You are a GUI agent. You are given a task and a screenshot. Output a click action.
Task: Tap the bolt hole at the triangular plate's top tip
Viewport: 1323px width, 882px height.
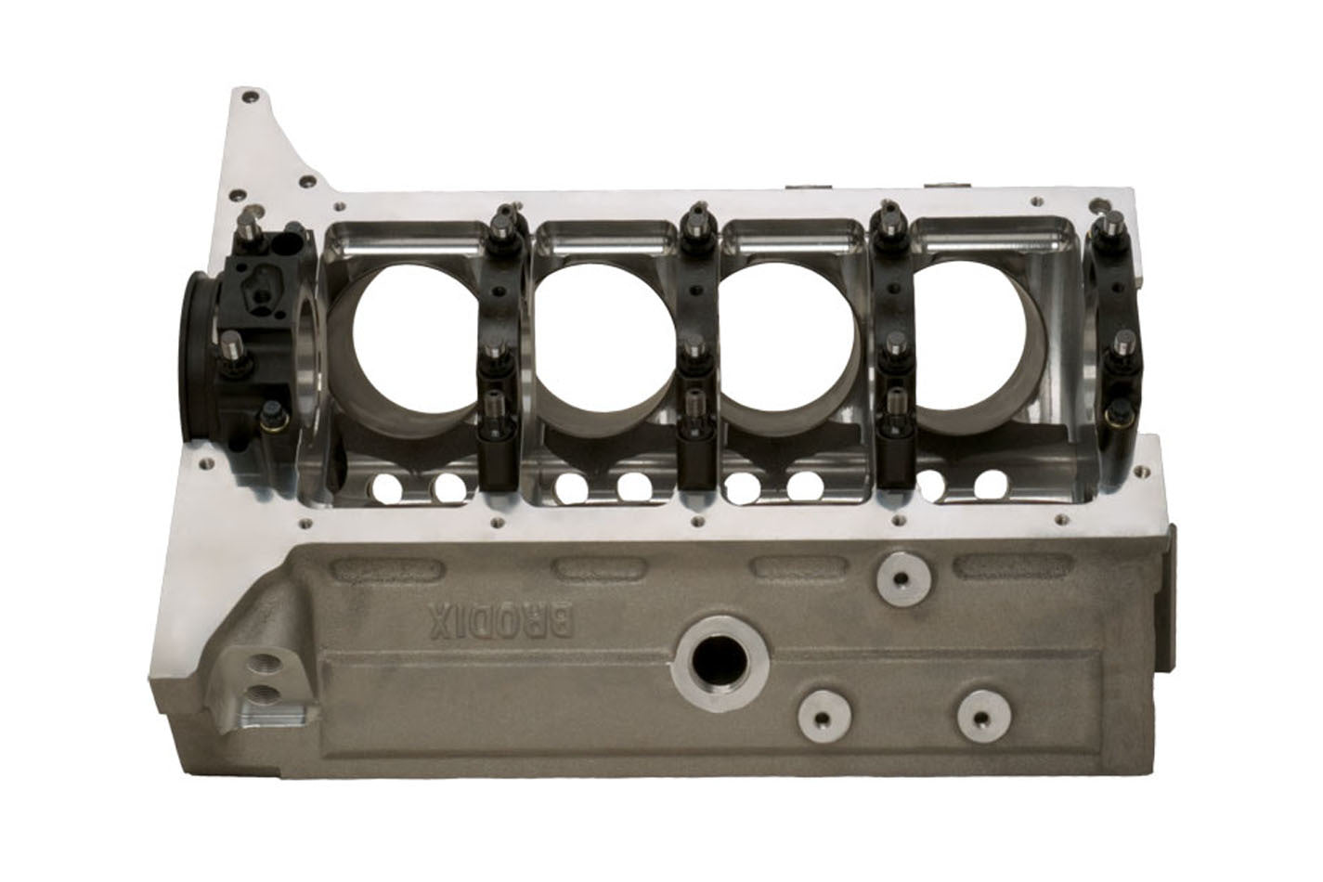(x=246, y=96)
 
